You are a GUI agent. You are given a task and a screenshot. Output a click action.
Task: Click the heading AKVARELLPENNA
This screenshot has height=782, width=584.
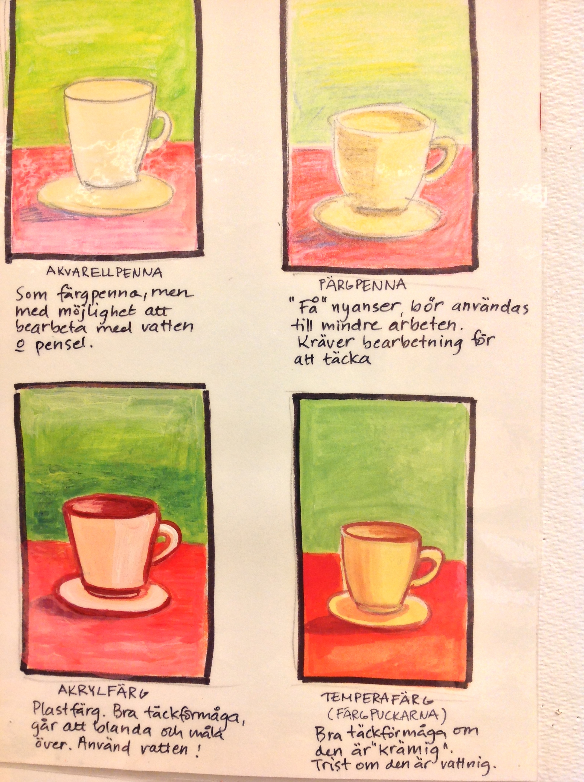tap(104, 272)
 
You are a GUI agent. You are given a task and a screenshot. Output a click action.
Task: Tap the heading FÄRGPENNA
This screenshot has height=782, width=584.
tap(362, 285)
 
